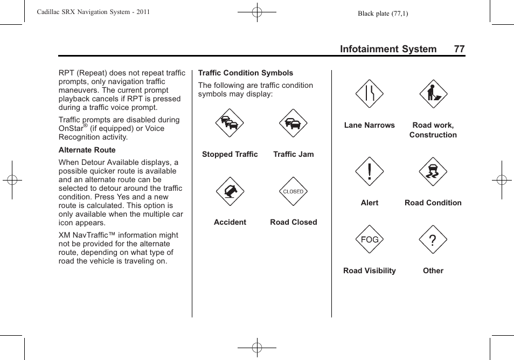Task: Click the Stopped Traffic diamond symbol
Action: point(230,123)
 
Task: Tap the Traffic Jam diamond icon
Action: point(293,123)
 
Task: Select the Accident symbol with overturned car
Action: point(230,191)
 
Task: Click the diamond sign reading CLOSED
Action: point(293,191)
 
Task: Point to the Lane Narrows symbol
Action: point(369,94)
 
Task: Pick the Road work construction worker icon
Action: point(433,94)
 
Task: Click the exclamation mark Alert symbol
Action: point(369,172)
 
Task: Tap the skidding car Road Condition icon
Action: point(433,172)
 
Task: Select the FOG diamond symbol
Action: point(369,240)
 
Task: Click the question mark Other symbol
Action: point(433,240)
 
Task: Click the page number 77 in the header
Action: point(459,49)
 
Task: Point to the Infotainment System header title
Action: point(388,49)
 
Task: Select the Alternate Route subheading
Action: point(87,150)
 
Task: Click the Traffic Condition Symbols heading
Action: point(246,73)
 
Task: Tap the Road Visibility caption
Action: point(369,271)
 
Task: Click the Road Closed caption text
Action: point(293,222)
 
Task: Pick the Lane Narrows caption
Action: point(369,125)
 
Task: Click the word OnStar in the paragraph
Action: point(71,129)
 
